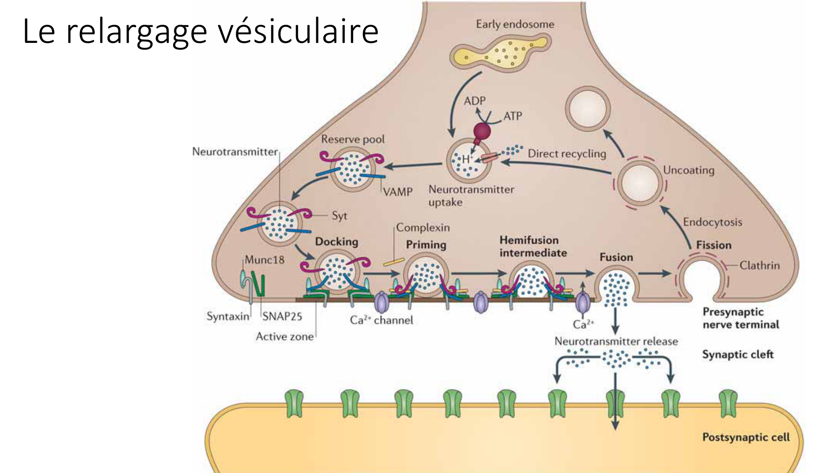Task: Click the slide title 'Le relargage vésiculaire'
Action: [200, 32]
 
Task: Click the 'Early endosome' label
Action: [514, 24]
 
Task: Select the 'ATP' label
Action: [512, 116]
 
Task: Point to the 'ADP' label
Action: [474, 101]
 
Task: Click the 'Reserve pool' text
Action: [353, 139]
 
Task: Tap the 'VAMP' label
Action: [398, 192]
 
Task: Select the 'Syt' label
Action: [339, 216]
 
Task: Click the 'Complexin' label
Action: [423, 227]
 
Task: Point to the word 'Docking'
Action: [336, 242]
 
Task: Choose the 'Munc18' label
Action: [264, 260]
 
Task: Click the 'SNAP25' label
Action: [282, 316]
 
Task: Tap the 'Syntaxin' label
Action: [228, 316]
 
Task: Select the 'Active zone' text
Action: [284, 336]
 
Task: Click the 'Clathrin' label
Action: [759, 265]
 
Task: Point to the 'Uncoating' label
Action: [688, 170]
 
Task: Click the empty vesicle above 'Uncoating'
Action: [588, 109]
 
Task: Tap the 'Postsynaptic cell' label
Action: [746, 437]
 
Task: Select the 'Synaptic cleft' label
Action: [738, 354]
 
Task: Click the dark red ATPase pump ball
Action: [482, 131]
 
